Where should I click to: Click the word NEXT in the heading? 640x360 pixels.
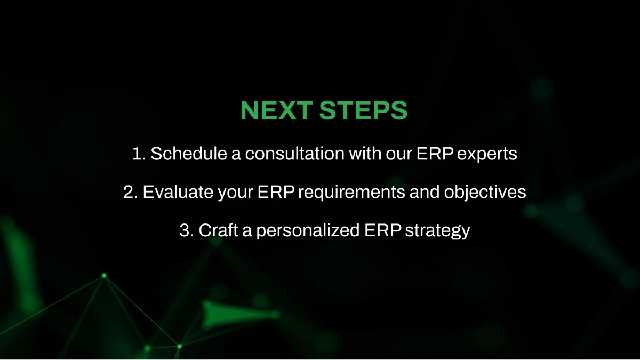click(276, 110)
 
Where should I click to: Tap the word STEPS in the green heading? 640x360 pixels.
click(363, 110)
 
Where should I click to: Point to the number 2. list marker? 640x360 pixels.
click(130, 193)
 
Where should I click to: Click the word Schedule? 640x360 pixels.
click(183, 154)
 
